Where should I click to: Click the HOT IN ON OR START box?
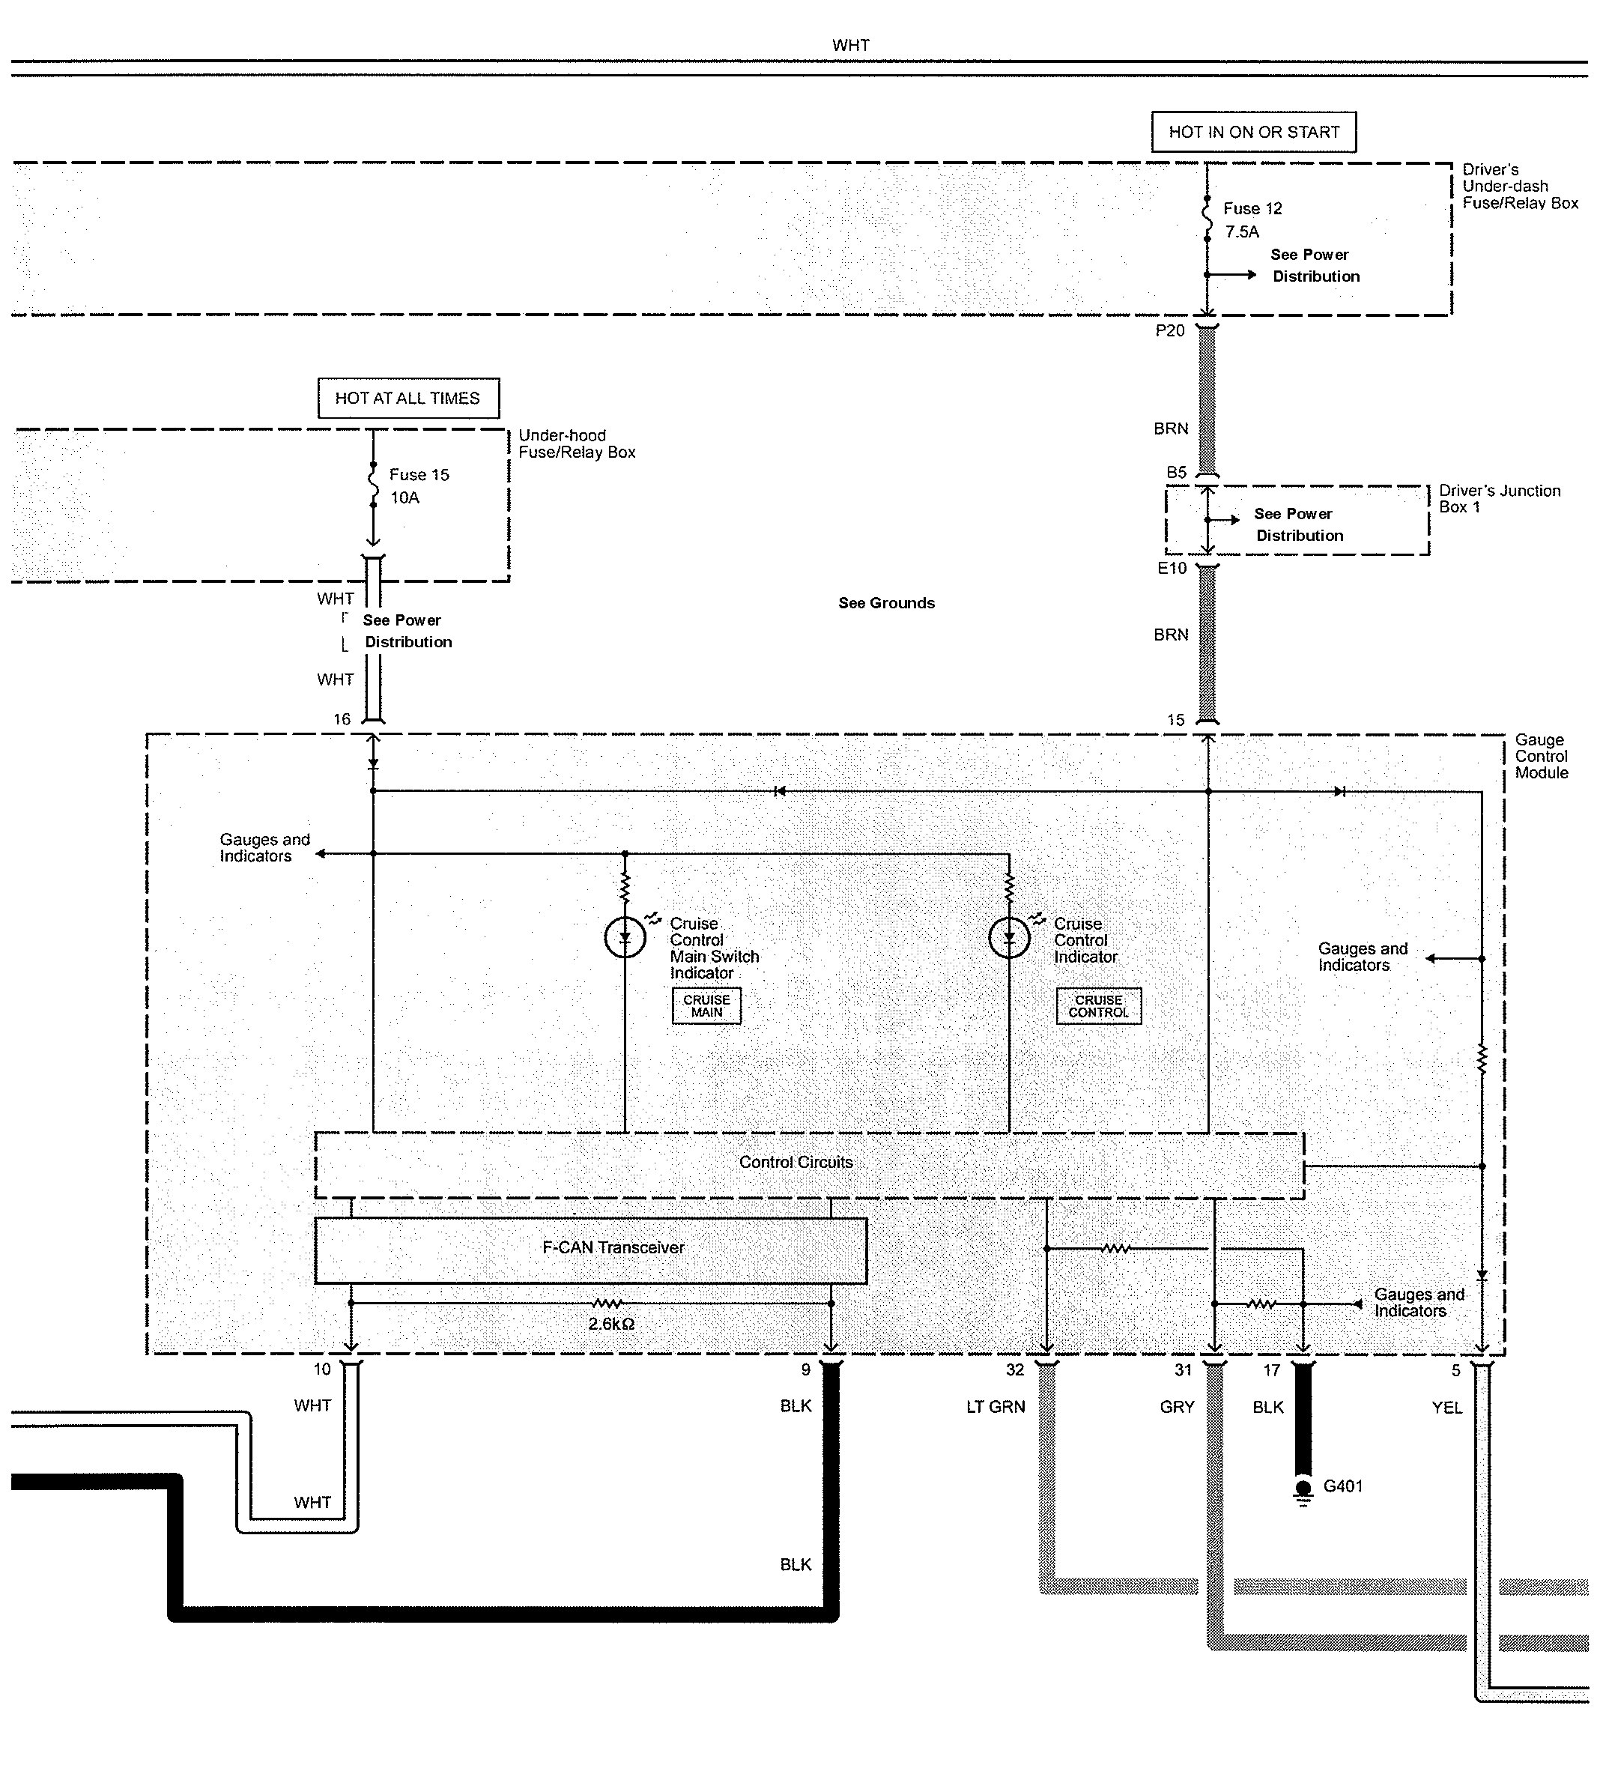pos(1253,132)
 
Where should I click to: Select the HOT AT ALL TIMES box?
pos(407,398)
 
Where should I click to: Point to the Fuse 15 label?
pos(419,475)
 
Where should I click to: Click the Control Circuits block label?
pos(796,1163)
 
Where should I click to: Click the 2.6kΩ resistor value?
pos(610,1324)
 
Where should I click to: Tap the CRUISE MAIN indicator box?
pos(706,1006)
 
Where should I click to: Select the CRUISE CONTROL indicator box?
pos(1098,1006)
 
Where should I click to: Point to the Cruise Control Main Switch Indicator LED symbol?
pos(625,938)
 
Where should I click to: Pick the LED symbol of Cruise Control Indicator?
pos(1008,938)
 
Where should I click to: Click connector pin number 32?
pos(1014,1370)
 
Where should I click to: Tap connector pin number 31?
pos(1183,1370)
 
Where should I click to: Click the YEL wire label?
pos(1446,1408)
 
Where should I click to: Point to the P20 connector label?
pos(1169,331)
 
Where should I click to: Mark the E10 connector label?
pos(1171,569)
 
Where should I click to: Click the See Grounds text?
pos(886,603)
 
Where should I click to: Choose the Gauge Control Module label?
pos(1541,756)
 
